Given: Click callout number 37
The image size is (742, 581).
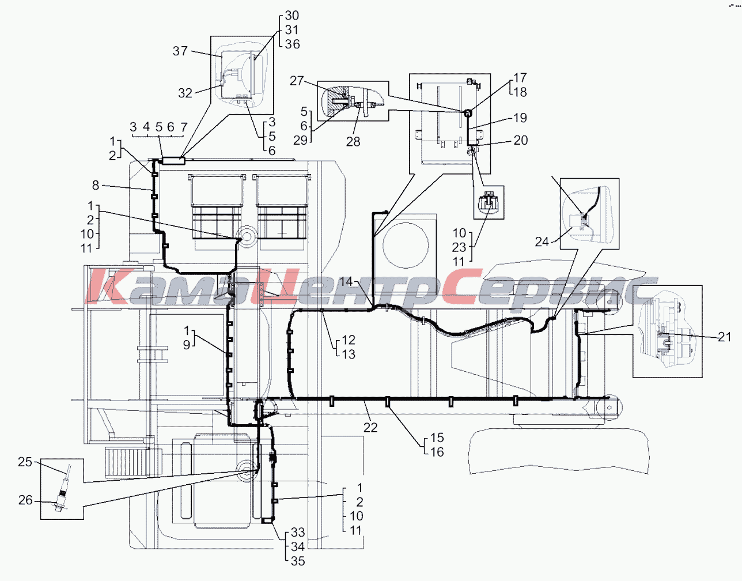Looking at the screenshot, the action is point(180,51).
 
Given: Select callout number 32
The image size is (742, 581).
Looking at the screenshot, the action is point(185,93).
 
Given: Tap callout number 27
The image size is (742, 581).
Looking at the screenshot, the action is point(296,81).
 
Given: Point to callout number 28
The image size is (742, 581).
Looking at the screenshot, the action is point(353,141).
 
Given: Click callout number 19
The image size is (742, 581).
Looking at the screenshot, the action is point(520,118).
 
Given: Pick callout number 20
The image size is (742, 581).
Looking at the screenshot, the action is point(521,140).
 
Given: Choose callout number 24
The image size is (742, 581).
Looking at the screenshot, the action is point(542,242).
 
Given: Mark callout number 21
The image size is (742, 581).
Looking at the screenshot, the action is point(725,337).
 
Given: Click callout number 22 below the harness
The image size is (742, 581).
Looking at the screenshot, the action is point(370,427).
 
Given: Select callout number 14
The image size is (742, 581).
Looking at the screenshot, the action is point(346,281).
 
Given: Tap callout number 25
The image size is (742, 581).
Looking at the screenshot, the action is point(25,462).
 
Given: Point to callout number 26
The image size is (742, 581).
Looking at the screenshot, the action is point(25,500).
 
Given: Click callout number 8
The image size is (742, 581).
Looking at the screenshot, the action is point(96,186).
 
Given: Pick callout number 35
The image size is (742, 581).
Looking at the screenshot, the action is point(298,561).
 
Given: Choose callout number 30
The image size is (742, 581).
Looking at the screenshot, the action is point(292,16).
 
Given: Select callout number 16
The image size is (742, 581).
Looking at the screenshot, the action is point(437,452).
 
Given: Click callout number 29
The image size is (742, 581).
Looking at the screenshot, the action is point(300,141).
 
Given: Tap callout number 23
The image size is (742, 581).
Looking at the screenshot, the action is point(459,247).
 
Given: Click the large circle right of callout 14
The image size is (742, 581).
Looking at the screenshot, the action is point(406,244).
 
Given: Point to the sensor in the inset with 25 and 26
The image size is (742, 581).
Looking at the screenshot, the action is point(62,493).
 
